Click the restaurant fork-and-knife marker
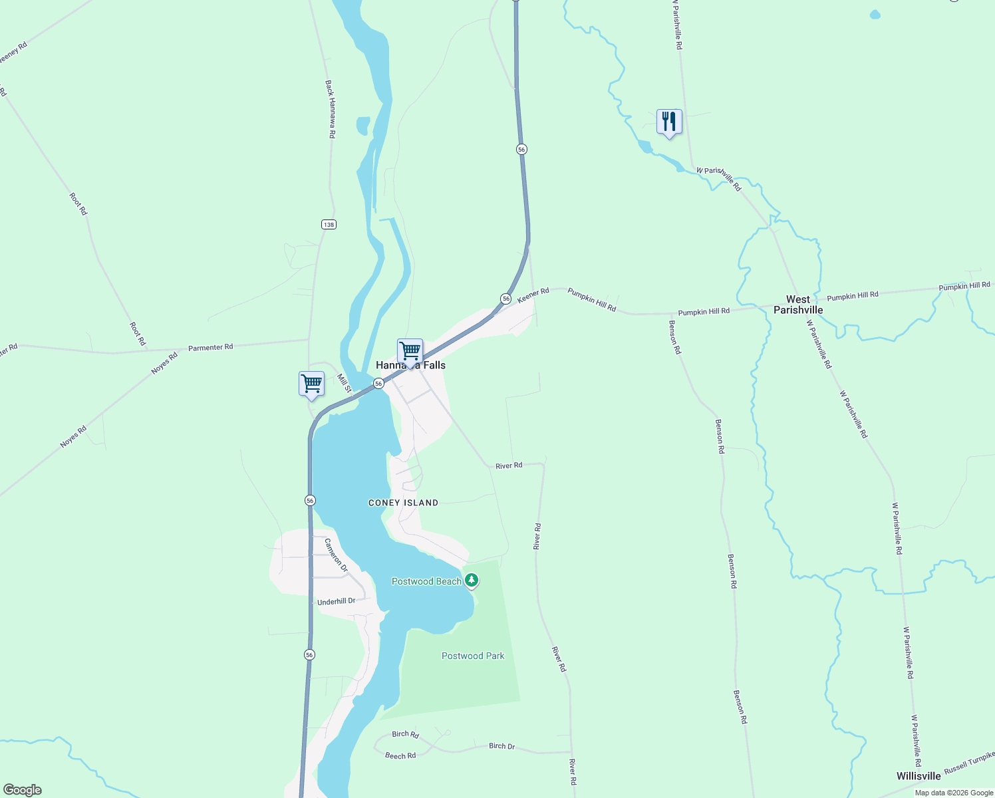click(669, 122)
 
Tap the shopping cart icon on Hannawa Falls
click(410, 351)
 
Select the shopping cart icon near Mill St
click(311, 384)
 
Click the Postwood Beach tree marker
click(472, 581)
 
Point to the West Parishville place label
click(798, 305)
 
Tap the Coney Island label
click(403, 503)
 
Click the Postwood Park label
click(473, 656)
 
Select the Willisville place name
click(918, 776)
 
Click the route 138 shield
click(329, 225)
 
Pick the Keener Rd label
click(533, 295)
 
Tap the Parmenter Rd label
click(210, 347)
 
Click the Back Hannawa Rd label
click(330, 109)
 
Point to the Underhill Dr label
click(336, 601)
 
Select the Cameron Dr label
click(336, 555)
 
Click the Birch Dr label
click(501, 746)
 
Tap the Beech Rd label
click(400, 755)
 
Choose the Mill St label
click(343, 383)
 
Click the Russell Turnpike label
click(969, 762)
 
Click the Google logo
click(23, 790)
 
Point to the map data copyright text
click(954, 793)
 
